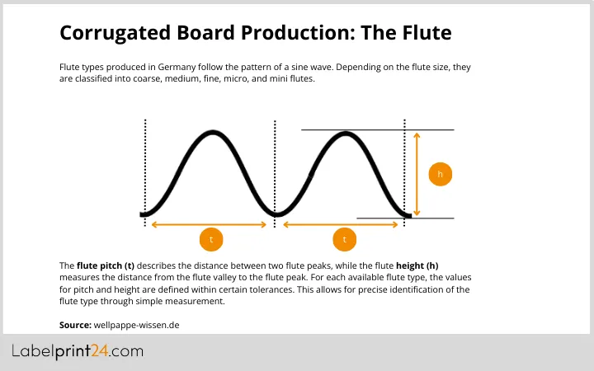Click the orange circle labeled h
441,174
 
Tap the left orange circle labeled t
211,240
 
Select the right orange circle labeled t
344,240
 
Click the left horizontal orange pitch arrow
210,223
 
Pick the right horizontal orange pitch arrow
342,223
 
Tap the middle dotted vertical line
275,165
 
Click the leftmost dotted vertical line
145,165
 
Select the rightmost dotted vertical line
404,165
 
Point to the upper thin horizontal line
377,129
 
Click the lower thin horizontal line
404,218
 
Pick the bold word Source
74,325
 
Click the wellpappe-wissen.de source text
136,325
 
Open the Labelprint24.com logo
78,352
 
